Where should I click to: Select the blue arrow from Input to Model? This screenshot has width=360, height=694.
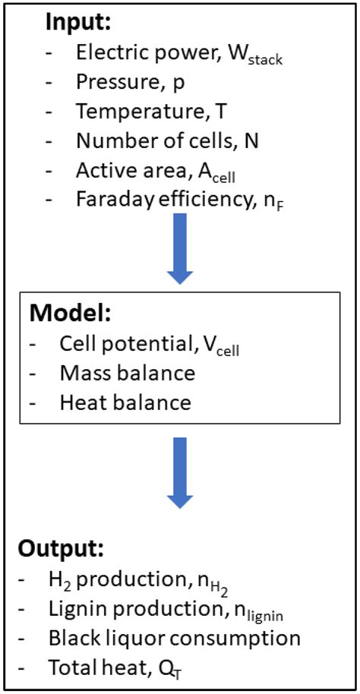click(179, 251)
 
